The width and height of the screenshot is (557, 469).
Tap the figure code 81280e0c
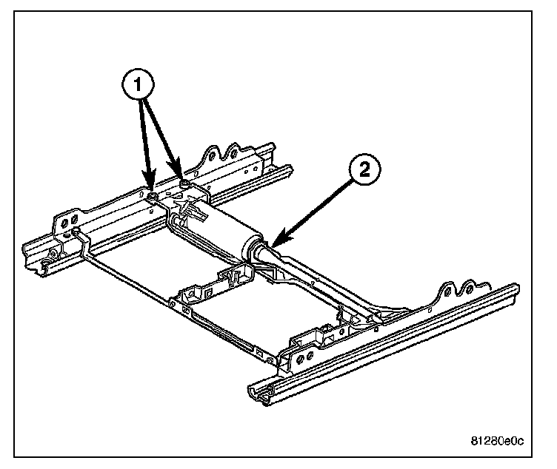coord(496,442)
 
